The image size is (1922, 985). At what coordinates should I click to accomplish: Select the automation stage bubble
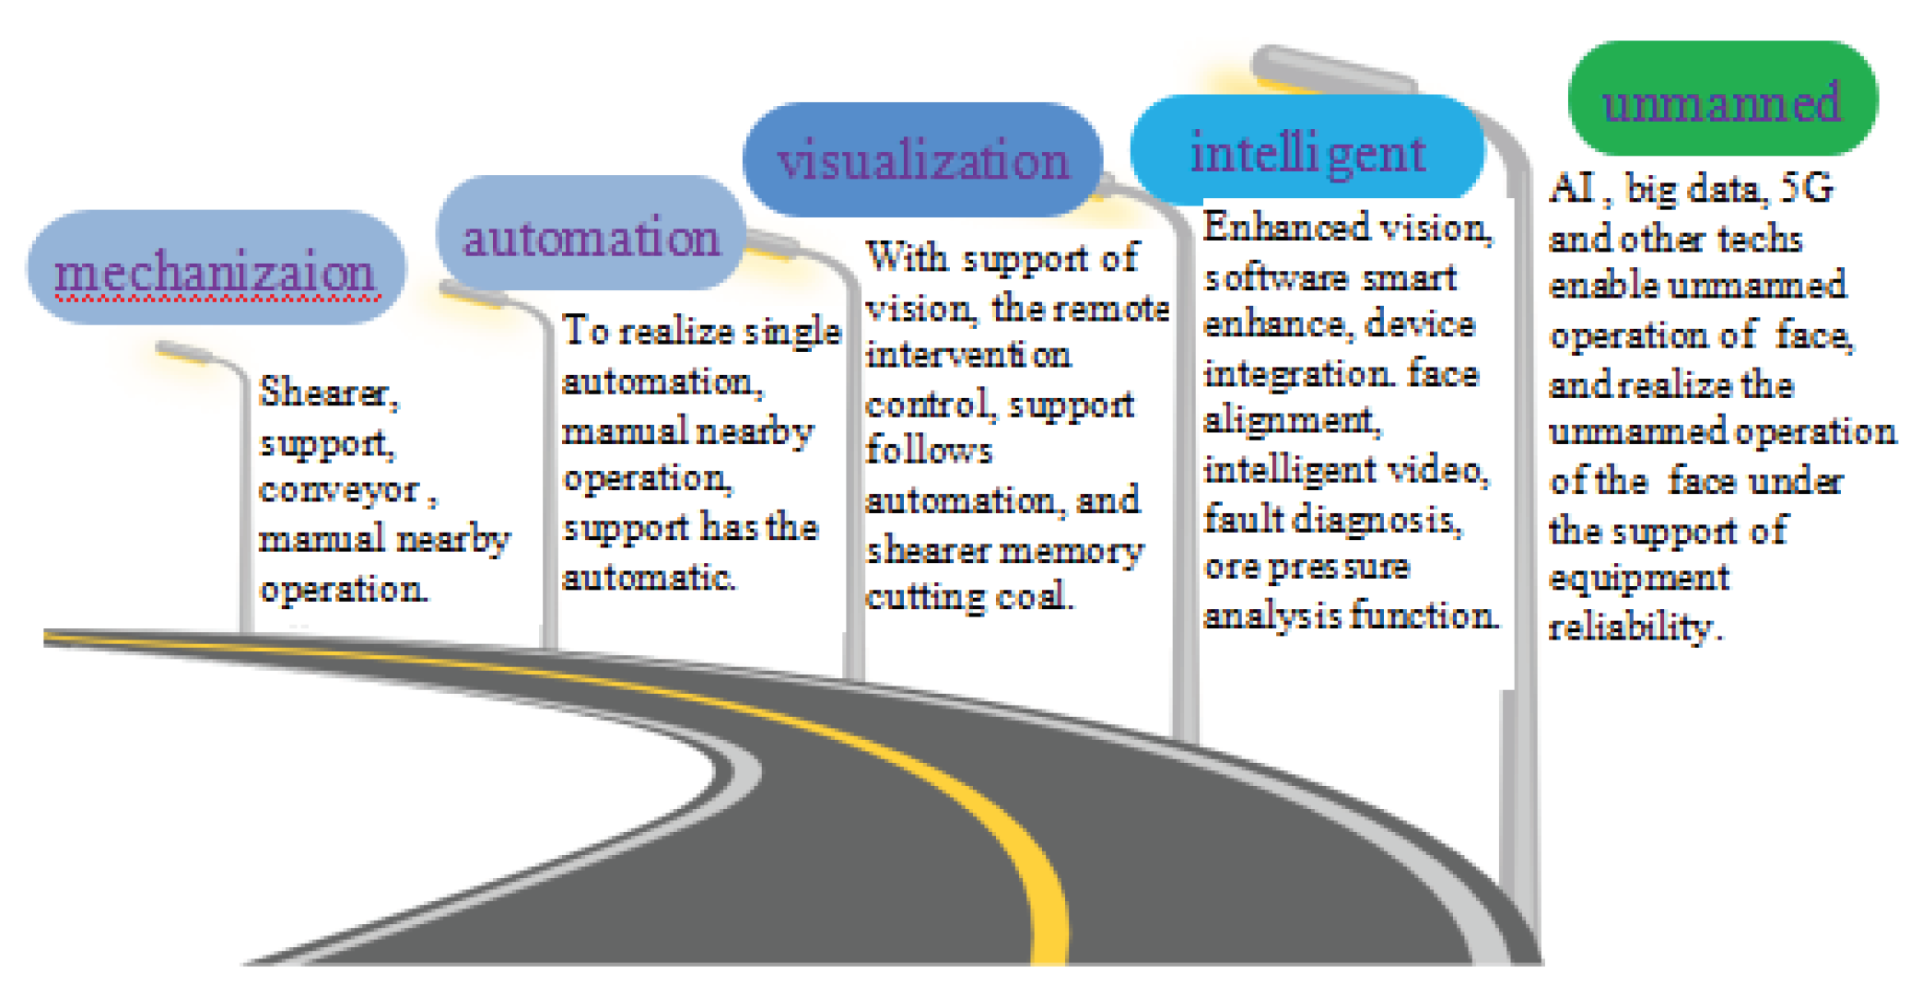pos(591,235)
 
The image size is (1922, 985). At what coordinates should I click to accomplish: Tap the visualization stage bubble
pos(922,159)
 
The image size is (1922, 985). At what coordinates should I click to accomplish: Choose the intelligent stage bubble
pos(1307,150)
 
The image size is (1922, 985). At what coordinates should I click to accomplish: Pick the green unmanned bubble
pos(1722,100)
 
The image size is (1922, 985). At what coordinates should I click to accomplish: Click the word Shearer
pos(327,393)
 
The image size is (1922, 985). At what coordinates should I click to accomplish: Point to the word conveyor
pos(339,489)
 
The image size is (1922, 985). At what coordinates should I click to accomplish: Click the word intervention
pos(967,355)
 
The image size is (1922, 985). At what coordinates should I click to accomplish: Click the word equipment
pos(1638,578)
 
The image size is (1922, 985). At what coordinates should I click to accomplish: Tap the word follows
pos(929,451)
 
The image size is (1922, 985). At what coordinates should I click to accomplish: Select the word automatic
pos(648,578)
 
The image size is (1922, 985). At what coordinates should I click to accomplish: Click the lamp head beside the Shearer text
pos(184,352)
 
